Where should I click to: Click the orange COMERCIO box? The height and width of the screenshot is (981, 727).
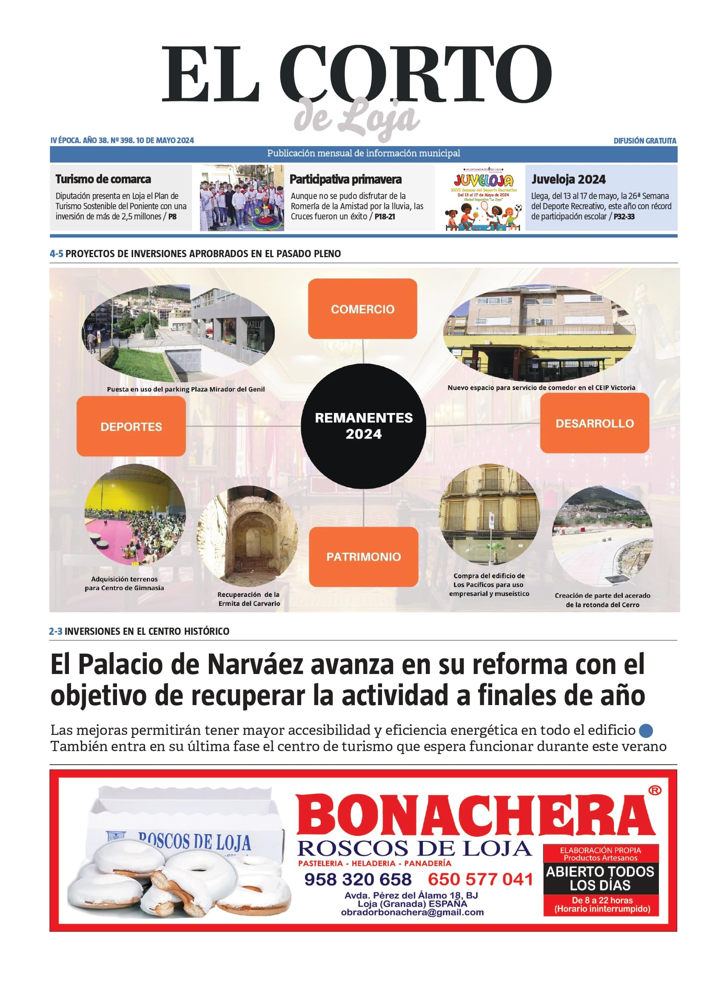[362, 308]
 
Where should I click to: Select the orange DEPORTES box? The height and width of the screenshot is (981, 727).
[131, 426]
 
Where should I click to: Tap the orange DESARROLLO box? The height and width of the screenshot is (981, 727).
[595, 423]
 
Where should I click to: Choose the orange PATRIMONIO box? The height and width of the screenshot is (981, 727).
[363, 556]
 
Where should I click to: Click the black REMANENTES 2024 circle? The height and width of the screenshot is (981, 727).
[363, 425]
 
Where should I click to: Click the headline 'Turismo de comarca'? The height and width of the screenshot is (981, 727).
[103, 179]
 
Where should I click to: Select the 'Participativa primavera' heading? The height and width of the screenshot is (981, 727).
[345, 179]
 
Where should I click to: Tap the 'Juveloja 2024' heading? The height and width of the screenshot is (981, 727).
[568, 179]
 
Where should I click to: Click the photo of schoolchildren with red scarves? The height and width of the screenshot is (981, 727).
[242, 198]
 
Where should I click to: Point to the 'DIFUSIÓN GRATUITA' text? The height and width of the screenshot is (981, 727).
[645, 141]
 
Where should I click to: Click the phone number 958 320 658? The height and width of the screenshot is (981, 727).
[358, 879]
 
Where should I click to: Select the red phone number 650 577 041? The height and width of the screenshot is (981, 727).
[480, 879]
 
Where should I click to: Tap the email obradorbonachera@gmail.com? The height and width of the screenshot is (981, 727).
[412, 912]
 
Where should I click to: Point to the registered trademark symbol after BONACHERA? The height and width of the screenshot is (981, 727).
[655, 791]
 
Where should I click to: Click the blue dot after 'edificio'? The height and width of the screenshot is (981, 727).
[646, 731]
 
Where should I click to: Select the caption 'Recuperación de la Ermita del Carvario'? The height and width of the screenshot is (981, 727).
[249, 599]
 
